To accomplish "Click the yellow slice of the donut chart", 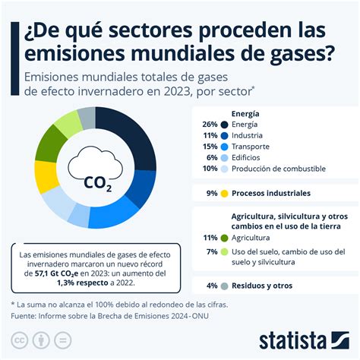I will [47, 175].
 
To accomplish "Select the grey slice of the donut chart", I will [87, 117].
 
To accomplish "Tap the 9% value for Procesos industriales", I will [212, 193].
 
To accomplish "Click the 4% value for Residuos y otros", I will [212, 286].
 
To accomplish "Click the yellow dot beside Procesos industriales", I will [224, 193].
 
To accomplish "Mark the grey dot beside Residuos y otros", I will [224, 286].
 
